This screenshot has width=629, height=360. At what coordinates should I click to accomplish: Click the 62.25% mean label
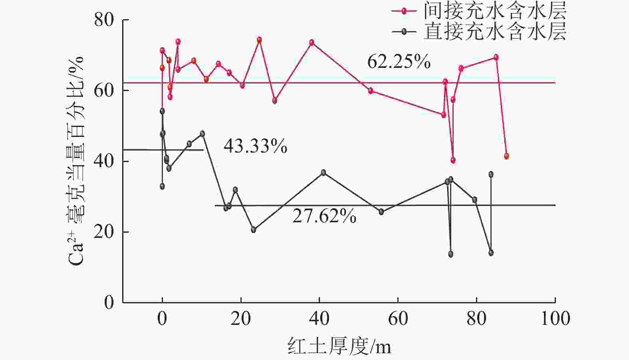point(399,62)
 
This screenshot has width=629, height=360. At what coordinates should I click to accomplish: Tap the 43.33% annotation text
point(255,146)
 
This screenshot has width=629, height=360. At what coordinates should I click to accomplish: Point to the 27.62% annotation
point(324,216)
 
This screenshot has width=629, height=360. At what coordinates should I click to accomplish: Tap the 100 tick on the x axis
point(555,318)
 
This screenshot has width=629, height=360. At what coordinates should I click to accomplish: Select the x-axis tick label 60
point(398,318)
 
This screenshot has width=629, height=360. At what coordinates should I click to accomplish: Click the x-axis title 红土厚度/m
point(339,346)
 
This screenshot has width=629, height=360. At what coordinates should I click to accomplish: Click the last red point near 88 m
point(506,156)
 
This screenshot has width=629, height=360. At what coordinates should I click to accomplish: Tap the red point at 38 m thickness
point(312,42)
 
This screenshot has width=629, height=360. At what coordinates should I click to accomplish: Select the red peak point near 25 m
point(259,40)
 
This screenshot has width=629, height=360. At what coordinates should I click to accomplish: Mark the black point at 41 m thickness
point(323,172)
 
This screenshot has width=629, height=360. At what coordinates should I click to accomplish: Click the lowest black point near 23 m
point(254,229)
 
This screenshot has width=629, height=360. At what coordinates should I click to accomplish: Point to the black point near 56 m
point(381,212)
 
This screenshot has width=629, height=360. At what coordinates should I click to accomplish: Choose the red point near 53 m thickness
point(371,91)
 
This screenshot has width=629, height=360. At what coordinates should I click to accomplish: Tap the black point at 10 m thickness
point(202,134)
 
